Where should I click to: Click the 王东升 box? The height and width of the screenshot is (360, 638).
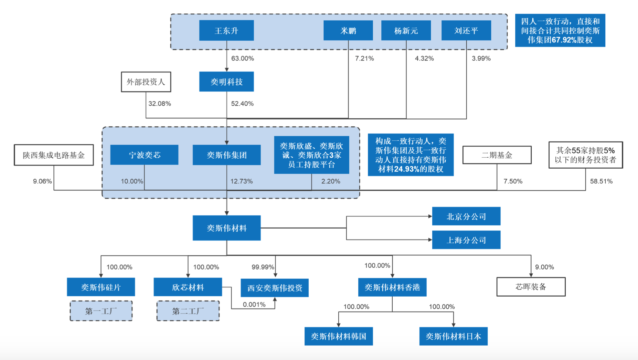point(226,30)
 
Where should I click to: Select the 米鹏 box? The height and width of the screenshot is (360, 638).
point(348,30)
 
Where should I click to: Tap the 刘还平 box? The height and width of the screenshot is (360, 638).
point(466,30)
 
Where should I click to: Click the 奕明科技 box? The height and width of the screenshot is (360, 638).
point(226,82)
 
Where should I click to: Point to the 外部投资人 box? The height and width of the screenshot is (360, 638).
point(146,82)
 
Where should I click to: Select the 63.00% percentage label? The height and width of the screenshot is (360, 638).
point(243,59)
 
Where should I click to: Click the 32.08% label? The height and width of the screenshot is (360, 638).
point(160,104)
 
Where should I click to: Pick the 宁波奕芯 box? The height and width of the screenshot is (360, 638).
point(144,155)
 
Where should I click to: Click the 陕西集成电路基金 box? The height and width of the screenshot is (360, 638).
point(54,155)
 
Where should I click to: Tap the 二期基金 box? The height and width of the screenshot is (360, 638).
point(497,155)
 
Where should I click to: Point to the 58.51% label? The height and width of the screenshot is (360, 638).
point(601,181)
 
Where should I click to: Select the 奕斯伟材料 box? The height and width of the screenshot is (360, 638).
point(226,228)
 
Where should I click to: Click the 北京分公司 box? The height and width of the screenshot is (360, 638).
point(466,216)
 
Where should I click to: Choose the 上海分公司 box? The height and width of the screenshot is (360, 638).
point(466,240)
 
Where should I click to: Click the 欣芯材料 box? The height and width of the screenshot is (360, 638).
point(188,287)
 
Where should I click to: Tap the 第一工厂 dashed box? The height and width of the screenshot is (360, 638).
point(101,311)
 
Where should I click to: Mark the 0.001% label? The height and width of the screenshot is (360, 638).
point(254,305)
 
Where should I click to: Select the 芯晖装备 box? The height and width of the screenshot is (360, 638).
point(531,287)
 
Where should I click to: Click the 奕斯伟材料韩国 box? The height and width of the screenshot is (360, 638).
point(339,336)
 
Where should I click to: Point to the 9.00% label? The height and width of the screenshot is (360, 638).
point(544,267)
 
